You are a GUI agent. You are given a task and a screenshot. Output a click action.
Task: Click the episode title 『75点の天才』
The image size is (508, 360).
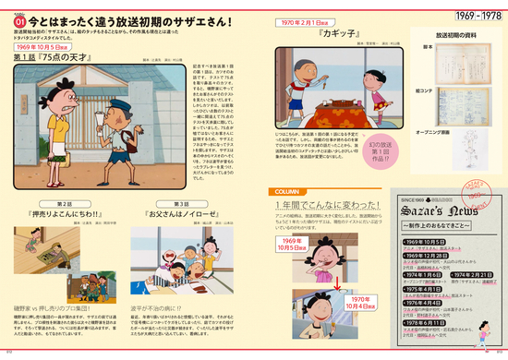[x=56, y=56]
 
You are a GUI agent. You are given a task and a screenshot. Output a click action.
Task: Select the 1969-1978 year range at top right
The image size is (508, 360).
[x=471, y=18]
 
